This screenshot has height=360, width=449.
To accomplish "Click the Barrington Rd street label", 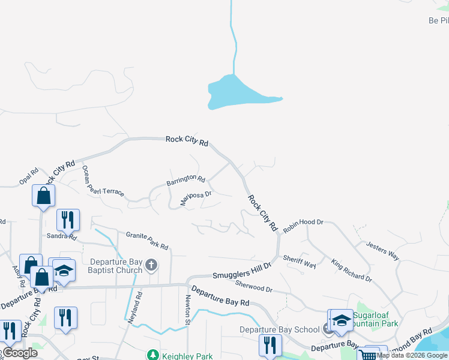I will pyautogui.click(x=185, y=179).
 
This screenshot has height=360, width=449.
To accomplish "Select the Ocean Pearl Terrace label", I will pyautogui.click(x=103, y=181).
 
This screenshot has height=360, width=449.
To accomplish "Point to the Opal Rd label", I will pyautogui.click(x=28, y=175).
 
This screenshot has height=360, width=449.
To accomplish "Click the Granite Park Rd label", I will pyautogui.click(x=146, y=240).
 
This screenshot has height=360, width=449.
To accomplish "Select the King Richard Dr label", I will pyautogui.click(x=351, y=271).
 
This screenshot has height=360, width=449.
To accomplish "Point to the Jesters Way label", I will pyautogui.click(x=382, y=251).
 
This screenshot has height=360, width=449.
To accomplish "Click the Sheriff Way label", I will pyautogui.click(x=300, y=262).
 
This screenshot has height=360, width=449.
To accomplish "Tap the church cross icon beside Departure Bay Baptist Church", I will pyautogui.click(x=151, y=265).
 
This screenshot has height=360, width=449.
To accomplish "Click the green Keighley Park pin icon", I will pyautogui.click(x=152, y=356).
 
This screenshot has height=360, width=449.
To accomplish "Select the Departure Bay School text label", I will pyautogui.click(x=279, y=329).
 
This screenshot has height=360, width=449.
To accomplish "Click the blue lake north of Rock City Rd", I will pyautogui.click(x=235, y=92).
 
